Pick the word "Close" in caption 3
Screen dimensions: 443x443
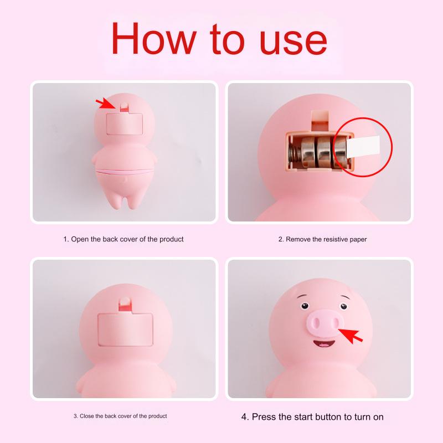[x=88, y=416]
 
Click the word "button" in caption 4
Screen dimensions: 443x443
[x=318, y=416]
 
